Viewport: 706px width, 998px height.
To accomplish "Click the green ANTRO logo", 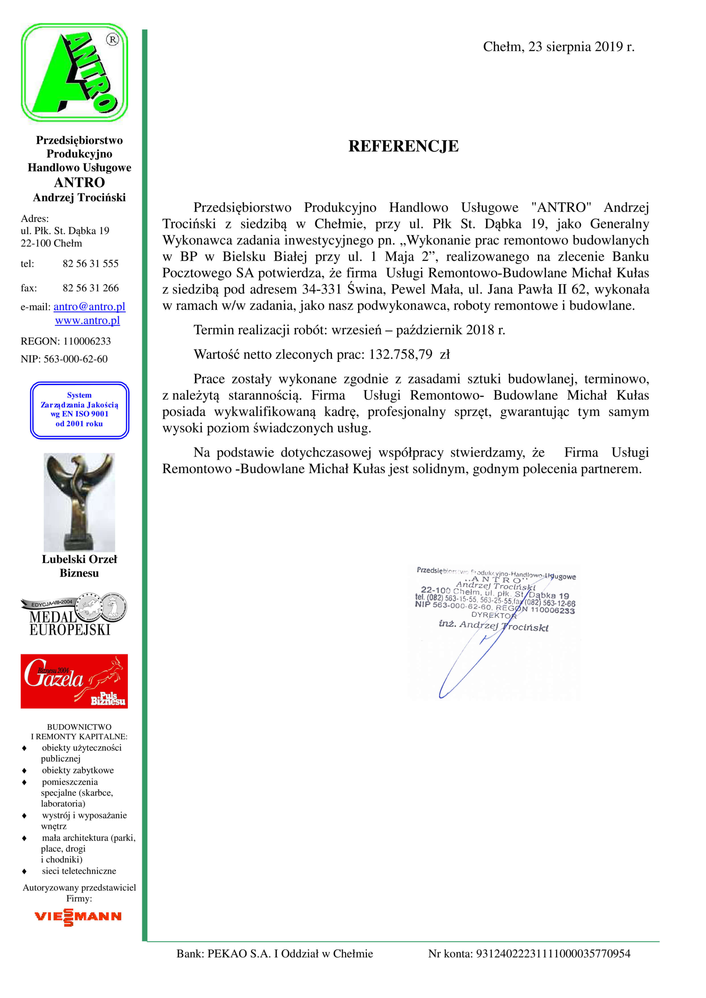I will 74,73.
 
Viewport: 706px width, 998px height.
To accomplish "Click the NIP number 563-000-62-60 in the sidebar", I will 75,359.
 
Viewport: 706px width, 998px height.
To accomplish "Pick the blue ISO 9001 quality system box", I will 80,410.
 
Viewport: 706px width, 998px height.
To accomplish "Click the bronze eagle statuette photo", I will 79,502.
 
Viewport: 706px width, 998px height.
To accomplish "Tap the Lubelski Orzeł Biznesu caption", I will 79,566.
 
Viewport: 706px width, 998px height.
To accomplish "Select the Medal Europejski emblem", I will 74,615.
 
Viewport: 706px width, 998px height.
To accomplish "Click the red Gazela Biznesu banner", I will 74,681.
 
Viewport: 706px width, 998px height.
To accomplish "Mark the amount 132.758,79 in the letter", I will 400,355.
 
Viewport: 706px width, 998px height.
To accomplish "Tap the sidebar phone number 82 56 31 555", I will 90,264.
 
